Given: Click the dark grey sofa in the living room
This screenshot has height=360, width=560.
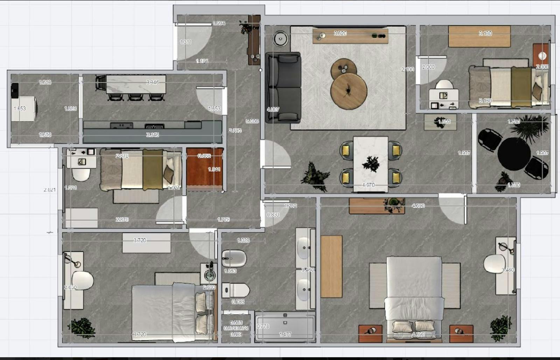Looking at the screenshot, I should pos(283,88).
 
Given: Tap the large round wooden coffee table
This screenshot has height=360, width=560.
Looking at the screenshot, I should pos(349,91).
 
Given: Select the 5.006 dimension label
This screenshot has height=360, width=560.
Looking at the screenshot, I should pos(252,121).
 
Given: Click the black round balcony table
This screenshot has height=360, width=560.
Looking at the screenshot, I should pos(514,154).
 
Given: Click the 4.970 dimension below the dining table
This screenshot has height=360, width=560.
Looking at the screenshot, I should pos(368,185).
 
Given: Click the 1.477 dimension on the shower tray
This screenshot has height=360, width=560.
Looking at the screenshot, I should pos(285,334).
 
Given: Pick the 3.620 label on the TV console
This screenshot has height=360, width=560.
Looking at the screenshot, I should pos(340,33).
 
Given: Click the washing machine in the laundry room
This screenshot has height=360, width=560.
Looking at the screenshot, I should pos(24,109).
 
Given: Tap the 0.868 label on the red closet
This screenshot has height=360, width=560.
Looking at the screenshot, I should pos(204,156).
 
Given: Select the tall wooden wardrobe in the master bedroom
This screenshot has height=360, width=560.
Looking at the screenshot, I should pos(331,266).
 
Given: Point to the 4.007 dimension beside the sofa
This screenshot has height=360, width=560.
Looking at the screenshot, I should pos(273,109).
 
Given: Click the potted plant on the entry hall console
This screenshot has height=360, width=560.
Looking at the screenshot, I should pos(246,27).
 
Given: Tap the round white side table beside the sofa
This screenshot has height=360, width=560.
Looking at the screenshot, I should pos(281,38).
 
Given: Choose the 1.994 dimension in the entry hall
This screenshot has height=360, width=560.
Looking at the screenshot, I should pos(219,23).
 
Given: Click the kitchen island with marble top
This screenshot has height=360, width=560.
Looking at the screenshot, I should pos(136,84).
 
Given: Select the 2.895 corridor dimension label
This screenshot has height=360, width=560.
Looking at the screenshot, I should pos(235,130).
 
